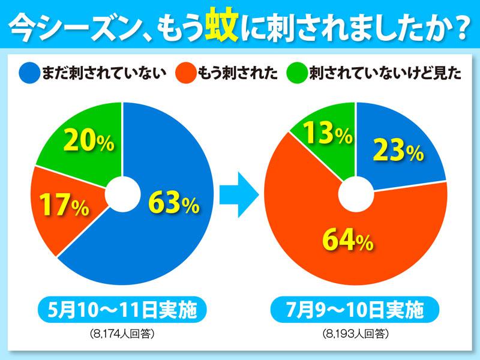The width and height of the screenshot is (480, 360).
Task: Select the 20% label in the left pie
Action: (x=88, y=142)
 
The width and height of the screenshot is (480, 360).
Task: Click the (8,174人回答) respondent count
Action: (x=122, y=334)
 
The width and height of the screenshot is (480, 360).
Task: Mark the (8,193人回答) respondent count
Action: (x=355, y=334)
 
